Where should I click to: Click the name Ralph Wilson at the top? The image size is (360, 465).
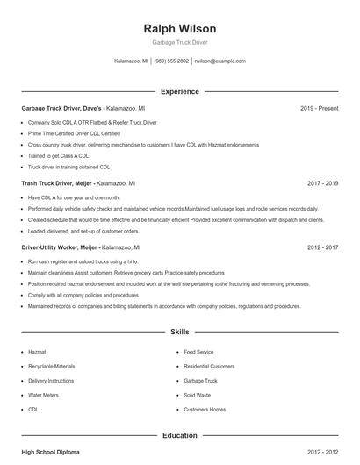(179, 28)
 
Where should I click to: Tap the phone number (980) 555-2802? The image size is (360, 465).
(171, 61)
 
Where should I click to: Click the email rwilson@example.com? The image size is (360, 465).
(220, 61)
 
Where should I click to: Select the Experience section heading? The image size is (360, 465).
(179, 91)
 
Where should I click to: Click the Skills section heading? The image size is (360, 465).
(179, 333)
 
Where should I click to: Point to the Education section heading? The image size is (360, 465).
(179, 435)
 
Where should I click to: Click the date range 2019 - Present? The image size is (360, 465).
(319, 108)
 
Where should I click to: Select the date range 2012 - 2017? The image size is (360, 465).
(323, 248)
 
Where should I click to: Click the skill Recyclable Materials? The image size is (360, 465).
(52, 366)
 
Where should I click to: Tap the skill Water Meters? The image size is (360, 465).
(45, 395)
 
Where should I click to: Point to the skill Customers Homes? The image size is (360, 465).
(205, 410)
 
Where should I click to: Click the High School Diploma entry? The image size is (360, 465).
(50, 452)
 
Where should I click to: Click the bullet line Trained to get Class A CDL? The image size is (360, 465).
(59, 155)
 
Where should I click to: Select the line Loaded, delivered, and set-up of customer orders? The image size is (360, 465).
(83, 231)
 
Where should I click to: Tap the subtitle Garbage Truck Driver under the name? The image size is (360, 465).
(179, 42)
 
